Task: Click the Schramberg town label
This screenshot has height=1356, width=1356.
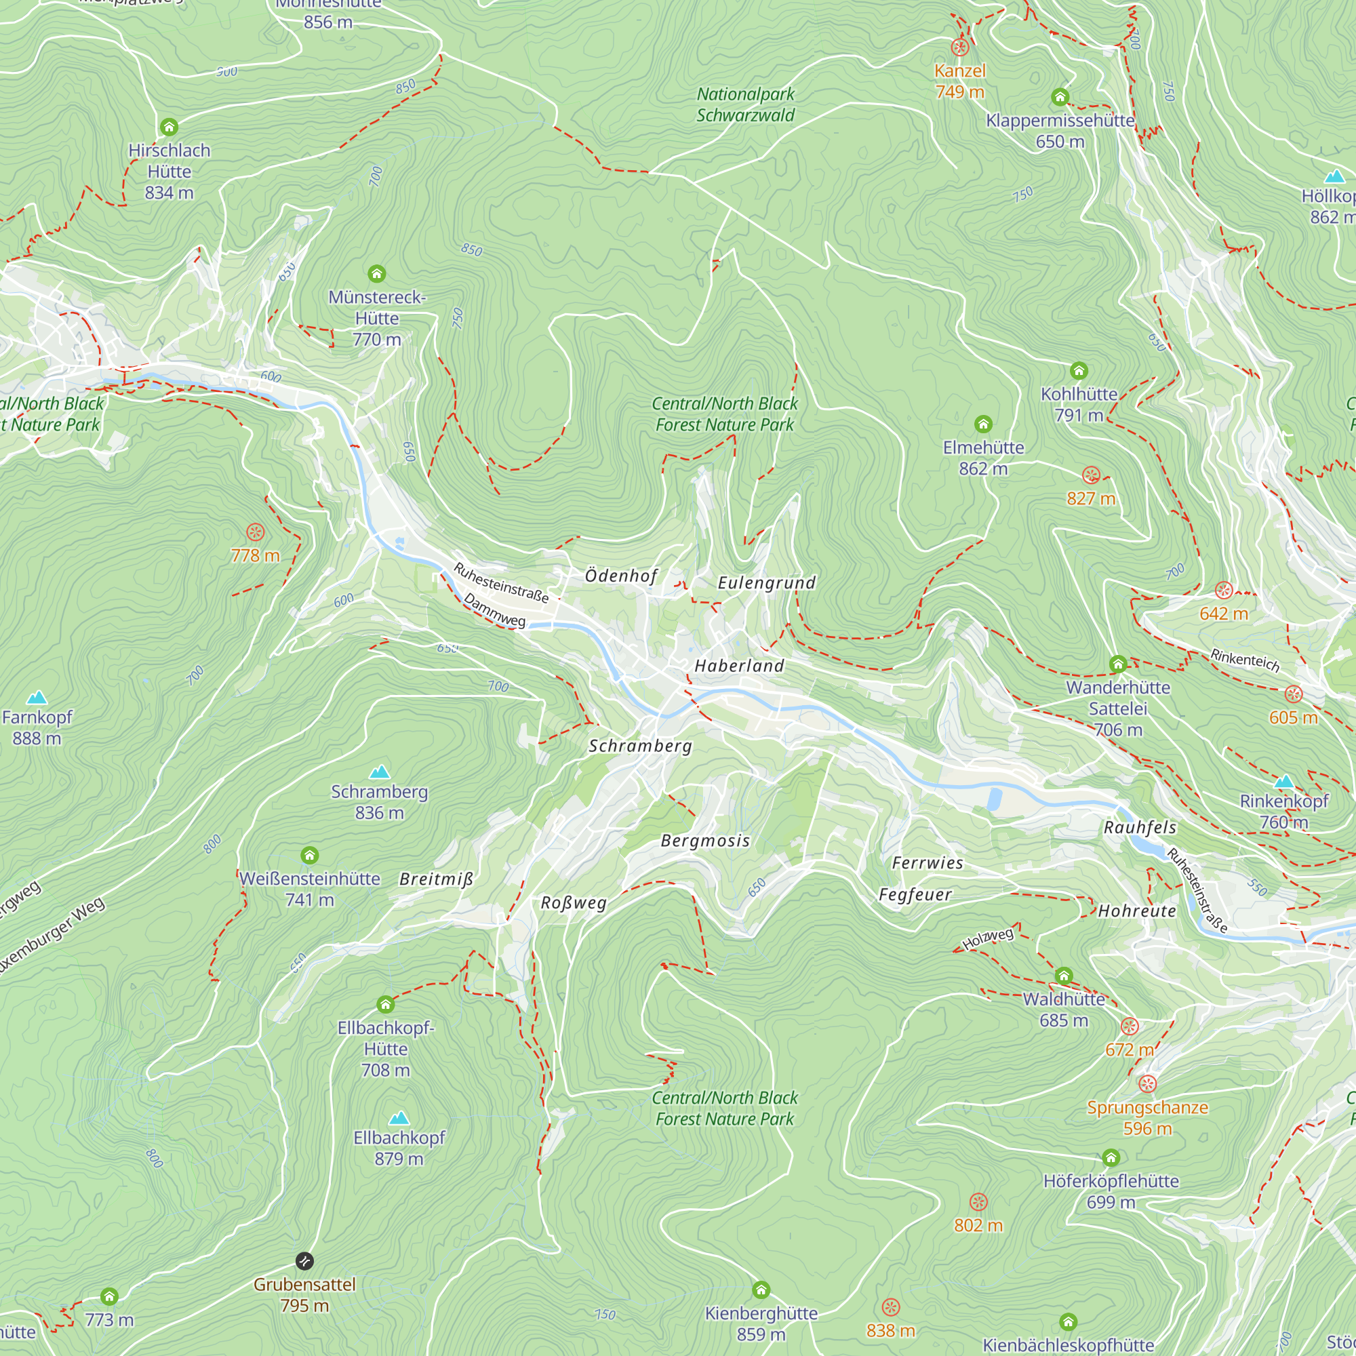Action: [x=640, y=746]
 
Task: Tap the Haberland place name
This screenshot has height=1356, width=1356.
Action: [x=739, y=666]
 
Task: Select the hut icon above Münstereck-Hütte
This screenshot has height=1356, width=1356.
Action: [x=377, y=273]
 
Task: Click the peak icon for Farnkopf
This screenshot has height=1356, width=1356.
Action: [x=37, y=697]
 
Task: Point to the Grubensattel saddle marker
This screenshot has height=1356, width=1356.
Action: [x=304, y=1261]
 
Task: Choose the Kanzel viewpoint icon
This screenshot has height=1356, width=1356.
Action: [x=959, y=47]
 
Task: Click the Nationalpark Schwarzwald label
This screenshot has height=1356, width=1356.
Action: [x=745, y=104]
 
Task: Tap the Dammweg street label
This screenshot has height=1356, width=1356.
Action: [x=494, y=611]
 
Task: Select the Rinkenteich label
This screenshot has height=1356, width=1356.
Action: [x=1245, y=660]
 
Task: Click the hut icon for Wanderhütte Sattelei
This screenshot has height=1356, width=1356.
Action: [x=1118, y=664]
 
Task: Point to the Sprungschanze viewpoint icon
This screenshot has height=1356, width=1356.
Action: [x=1147, y=1083]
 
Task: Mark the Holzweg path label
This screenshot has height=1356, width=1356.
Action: [x=989, y=938]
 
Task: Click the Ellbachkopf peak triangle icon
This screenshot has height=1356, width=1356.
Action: [x=399, y=1117]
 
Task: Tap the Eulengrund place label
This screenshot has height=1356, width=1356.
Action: [x=766, y=582]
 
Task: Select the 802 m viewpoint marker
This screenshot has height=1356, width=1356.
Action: [x=978, y=1201]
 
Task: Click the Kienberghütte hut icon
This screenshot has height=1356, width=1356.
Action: [x=761, y=1290]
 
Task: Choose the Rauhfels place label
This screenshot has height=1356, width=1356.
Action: [x=1140, y=827]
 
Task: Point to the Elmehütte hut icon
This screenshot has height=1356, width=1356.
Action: [x=983, y=424]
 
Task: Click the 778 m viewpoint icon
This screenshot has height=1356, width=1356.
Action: [x=256, y=532]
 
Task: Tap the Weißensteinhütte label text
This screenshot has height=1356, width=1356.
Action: [x=310, y=879]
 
